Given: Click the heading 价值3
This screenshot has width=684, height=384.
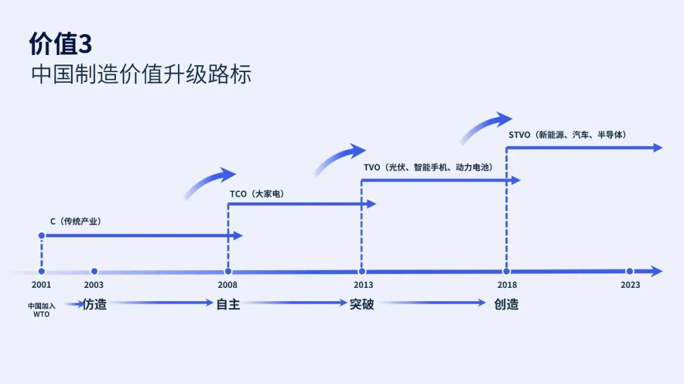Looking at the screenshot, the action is [61, 44].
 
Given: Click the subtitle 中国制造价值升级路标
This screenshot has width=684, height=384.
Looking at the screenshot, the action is [141, 73].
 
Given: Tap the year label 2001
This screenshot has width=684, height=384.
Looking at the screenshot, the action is [41, 285].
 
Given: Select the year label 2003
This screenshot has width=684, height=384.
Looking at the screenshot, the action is [94, 285].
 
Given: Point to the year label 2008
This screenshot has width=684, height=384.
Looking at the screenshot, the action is [228, 285].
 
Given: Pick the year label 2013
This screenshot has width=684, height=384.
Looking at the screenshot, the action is [364, 285].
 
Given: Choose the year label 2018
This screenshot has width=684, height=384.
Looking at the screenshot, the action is [507, 285].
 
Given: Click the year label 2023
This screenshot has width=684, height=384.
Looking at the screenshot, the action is [630, 285].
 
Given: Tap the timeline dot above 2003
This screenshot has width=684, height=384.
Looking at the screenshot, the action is [94, 271].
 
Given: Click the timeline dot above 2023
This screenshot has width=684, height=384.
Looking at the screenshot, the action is [630, 271].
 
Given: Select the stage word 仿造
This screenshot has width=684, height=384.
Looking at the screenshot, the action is [94, 304].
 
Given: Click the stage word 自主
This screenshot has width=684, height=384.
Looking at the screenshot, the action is [228, 304].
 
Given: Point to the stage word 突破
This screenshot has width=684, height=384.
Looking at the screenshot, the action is [362, 304].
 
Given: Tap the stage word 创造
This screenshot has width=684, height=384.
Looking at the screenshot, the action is [507, 304].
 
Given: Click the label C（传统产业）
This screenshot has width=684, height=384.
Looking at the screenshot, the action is [75, 221].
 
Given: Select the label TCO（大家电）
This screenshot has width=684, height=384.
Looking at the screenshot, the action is [257, 194].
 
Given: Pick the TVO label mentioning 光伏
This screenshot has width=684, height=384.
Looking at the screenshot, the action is [428, 168].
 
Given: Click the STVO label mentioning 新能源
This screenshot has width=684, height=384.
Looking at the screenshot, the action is [567, 135].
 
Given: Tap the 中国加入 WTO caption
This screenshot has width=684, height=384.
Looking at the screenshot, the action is [41, 310].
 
